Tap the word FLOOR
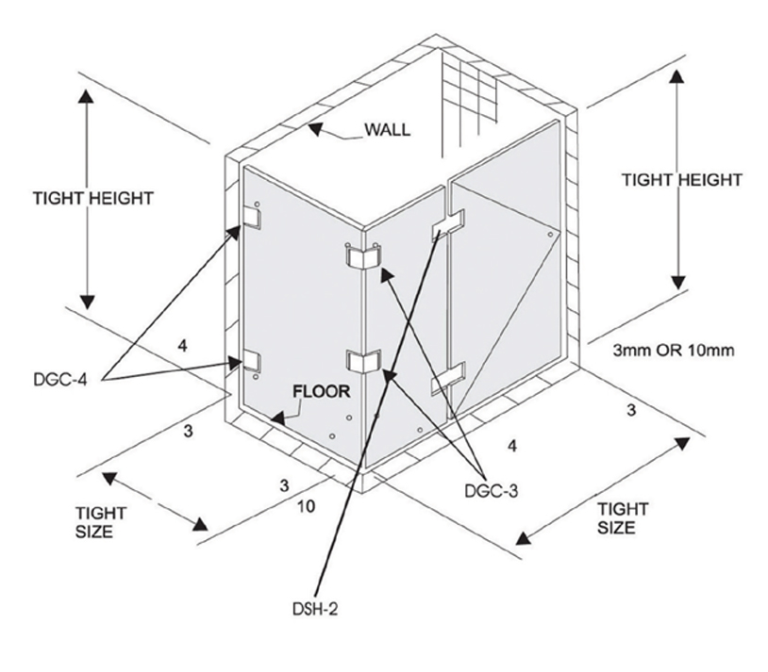pos(321,389)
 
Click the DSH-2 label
pos(313,609)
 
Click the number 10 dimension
pos(307,506)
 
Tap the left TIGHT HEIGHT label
pos(92,198)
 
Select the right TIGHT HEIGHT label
pos(681,179)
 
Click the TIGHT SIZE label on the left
pos(101,521)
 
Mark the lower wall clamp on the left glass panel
pos(251,360)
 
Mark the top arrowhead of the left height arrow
pos(87,98)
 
